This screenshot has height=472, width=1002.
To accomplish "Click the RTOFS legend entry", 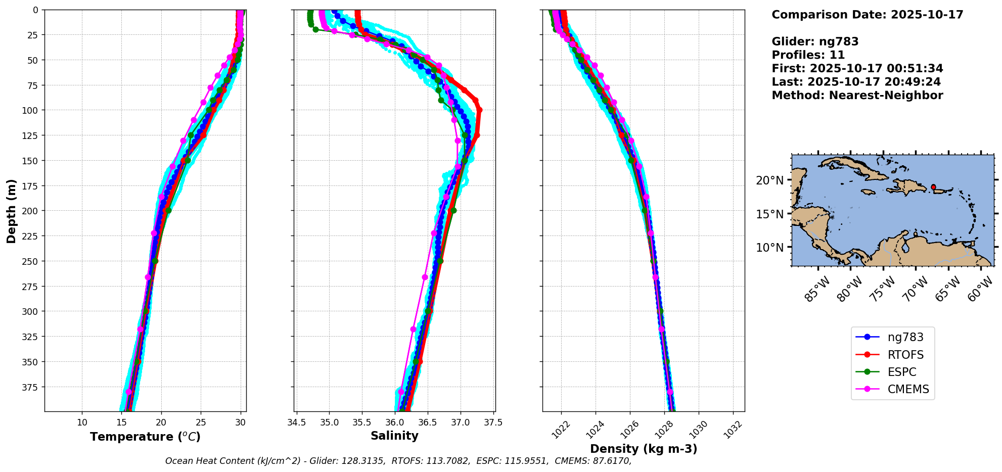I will pos(905,355).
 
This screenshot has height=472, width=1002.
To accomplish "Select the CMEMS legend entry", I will pos(908,390).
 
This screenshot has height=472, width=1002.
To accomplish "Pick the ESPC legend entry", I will pos(901,372).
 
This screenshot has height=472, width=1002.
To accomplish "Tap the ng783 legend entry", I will pos(905,338).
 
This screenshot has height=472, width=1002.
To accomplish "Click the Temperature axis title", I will pos(145,437).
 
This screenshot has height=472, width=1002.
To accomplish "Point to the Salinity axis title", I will pos(394,436).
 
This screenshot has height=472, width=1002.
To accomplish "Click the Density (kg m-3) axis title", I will pos(643,449).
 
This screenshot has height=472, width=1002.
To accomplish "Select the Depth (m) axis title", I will pos(11,211).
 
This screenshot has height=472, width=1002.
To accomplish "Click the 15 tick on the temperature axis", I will pos(122,422).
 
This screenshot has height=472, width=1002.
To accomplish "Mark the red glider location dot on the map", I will pos(933,187).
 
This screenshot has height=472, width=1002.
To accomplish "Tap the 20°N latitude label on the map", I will pos(769,180).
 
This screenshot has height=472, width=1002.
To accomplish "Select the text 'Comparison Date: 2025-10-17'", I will pos(867,15).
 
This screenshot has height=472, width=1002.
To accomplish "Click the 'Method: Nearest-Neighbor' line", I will pos(857,96).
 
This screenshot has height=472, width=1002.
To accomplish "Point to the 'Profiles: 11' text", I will pos(808,55).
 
